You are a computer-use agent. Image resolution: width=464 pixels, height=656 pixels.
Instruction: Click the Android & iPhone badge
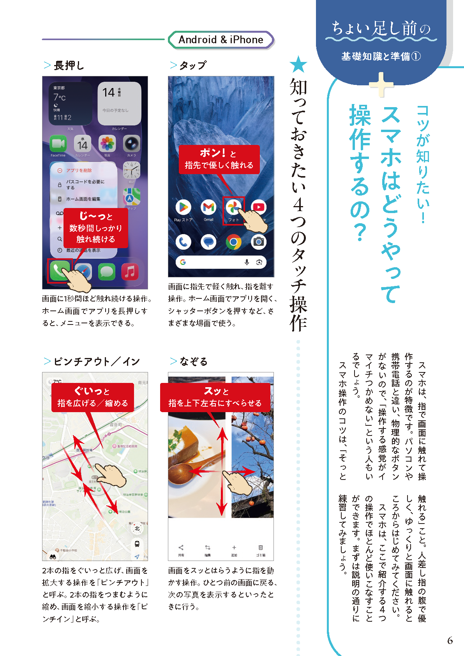(221, 40)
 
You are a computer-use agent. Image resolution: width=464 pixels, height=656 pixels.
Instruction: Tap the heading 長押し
(69, 65)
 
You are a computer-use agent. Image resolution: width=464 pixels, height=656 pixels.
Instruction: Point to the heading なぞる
(193, 362)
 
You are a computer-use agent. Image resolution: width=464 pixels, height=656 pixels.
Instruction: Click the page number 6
(450, 640)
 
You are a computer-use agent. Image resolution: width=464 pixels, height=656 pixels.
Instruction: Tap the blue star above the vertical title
(299, 64)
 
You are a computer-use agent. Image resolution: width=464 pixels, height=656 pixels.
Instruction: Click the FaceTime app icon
(58, 144)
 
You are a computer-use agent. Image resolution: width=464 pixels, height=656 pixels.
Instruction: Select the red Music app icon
(130, 272)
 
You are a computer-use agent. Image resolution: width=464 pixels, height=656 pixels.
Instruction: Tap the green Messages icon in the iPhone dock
(107, 272)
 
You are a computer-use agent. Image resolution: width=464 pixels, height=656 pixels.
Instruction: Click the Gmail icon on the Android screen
(208, 207)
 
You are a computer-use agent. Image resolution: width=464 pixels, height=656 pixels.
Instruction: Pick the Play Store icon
(183, 207)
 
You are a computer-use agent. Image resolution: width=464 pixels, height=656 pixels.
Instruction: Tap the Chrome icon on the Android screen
(233, 242)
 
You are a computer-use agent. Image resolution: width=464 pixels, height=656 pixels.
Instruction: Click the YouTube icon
(259, 206)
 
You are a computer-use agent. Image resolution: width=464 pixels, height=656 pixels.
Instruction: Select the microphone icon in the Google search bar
(247, 262)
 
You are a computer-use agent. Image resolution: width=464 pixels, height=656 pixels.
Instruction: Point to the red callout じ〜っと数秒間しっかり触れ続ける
(96, 228)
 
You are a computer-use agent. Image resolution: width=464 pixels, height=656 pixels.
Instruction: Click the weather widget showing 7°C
(70, 103)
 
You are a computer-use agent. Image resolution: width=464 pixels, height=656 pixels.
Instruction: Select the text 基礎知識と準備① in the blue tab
(381, 56)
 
